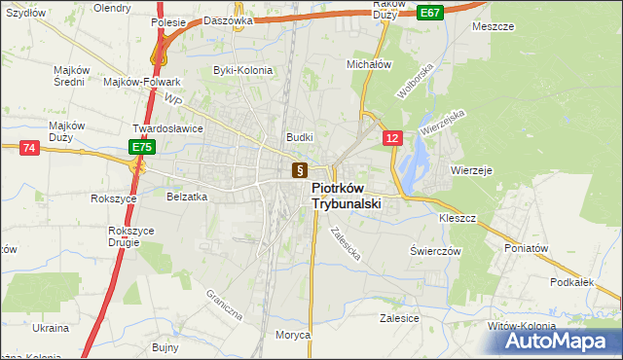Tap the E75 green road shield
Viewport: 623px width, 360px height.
pyautogui.click(x=142, y=147)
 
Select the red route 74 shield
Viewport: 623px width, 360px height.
pyautogui.click(x=28, y=147)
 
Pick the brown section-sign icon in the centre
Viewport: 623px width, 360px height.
pyautogui.click(x=299, y=170)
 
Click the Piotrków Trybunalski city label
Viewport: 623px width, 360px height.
pyautogui.click(x=346, y=196)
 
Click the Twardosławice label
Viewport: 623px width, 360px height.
pyautogui.click(x=167, y=128)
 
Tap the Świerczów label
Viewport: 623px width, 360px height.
pyautogui.click(x=434, y=250)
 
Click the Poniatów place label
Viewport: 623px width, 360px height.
pyautogui.click(x=527, y=248)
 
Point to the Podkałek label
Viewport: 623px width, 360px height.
pyautogui.click(x=571, y=281)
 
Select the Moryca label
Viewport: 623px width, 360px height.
pyautogui.click(x=292, y=335)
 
